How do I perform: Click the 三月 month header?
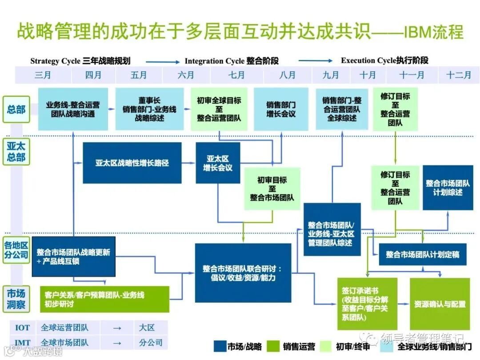click(43, 75)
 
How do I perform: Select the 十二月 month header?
click(459, 75)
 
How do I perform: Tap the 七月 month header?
click(236, 75)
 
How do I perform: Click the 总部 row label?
click(16, 109)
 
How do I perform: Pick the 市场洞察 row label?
click(16, 299)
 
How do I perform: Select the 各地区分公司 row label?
click(16, 250)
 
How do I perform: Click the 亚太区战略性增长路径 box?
click(132, 163)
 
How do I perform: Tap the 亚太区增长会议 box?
click(218, 163)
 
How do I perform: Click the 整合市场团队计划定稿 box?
click(422, 255)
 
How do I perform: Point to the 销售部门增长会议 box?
click(281, 109)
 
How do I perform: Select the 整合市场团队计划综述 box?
click(448, 188)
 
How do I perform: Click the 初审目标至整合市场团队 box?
click(272, 188)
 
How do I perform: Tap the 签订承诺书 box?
click(361, 304)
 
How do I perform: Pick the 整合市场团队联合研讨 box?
click(243, 273)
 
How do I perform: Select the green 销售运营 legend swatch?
click(275, 346)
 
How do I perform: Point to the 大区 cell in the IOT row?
click(147, 328)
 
